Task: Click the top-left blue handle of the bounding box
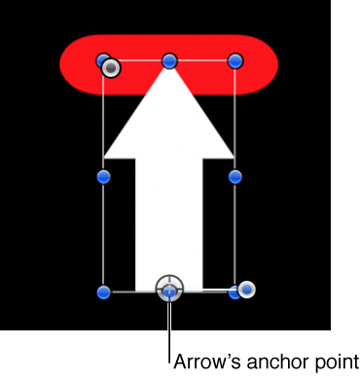pos(103,60)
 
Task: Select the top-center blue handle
pos(169,61)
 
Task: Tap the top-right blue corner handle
pos(234,61)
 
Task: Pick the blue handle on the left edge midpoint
pos(104,176)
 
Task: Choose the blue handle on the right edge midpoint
pos(234,176)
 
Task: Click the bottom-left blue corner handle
pos(104,291)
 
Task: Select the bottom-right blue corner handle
pos(234,291)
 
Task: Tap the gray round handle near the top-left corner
pos(112,67)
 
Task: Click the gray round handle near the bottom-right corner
pos(247,289)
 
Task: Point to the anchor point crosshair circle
pos(169,289)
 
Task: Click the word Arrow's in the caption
pos(205,360)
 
